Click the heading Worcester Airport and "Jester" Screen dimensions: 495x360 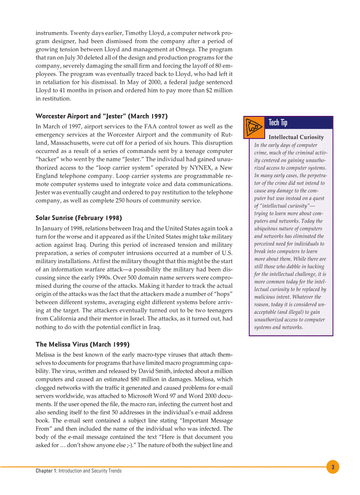point(101,116)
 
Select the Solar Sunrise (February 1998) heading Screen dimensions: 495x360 point(79,218)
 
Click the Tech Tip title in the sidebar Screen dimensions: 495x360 point(278,123)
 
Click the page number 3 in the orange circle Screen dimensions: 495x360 point(333,467)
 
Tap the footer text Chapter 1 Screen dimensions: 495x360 point(46,471)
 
